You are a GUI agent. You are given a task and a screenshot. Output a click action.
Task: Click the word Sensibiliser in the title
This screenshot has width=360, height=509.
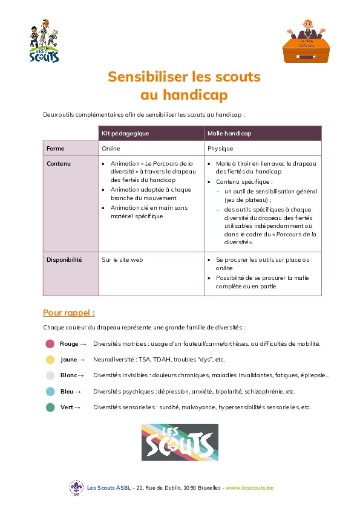click(143, 77)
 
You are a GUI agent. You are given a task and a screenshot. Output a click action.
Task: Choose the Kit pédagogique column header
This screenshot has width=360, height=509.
click(126, 133)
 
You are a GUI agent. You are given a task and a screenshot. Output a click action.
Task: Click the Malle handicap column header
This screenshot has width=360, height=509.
click(229, 133)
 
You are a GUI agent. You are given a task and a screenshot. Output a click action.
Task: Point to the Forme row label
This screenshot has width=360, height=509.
click(56, 148)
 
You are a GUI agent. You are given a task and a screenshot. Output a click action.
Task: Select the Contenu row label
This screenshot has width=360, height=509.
click(59, 163)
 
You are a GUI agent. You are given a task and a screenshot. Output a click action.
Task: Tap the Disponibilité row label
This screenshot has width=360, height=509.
click(64, 259)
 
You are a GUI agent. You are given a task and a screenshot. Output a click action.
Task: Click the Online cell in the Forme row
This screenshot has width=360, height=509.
click(111, 148)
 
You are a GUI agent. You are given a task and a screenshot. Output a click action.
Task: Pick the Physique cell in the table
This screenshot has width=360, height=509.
click(220, 148)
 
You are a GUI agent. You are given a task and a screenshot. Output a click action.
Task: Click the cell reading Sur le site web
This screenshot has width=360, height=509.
click(122, 259)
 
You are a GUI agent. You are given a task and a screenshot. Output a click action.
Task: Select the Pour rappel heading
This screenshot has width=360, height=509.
click(69, 313)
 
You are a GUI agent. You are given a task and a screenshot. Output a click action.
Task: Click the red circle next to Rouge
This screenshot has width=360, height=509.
click(50, 344)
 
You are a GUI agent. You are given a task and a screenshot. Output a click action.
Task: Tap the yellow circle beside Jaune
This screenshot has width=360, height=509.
click(50, 360)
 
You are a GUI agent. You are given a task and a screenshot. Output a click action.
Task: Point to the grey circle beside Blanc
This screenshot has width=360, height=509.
click(50, 375)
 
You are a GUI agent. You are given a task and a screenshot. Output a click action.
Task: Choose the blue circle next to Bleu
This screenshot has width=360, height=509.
click(50, 392)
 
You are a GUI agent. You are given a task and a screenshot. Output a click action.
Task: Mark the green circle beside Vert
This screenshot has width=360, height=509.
click(50, 407)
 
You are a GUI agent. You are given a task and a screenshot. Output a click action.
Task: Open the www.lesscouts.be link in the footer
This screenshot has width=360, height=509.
click(249, 488)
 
